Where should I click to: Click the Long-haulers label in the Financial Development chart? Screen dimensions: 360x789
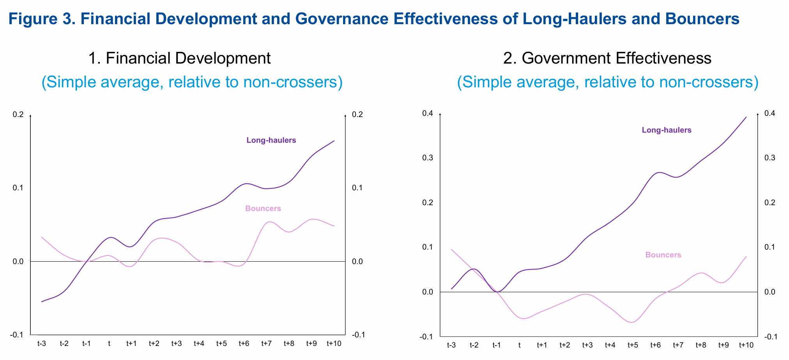pyautogui.click(x=271, y=140)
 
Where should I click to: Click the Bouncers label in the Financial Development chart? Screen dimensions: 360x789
pyautogui.click(x=263, y=209)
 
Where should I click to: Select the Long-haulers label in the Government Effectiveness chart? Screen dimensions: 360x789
pyautogui.click(x=667, y=130)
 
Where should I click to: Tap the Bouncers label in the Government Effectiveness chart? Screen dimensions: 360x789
pyautogui.click(x=663, y=255)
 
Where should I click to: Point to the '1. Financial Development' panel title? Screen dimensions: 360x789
pyautogui.click(x=179, y=58)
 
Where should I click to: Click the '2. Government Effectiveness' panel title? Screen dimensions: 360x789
pyautogui.click(x=607, y=58)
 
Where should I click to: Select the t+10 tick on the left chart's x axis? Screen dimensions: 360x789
pyautogui.click(x=334, y=344)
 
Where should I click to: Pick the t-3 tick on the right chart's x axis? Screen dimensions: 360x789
pyautogui.click(x=451, y=345)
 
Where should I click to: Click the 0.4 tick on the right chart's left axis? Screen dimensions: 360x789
pyautogui.click(x=428, y=113)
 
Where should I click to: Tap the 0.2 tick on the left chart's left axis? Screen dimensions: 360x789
pyautogui.click(x=18, y=115)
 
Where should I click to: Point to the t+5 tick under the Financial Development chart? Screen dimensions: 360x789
pyautogui.click(x=222, y=344)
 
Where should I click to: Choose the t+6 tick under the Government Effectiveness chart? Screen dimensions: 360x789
pyautogui.click(x=656, y=345)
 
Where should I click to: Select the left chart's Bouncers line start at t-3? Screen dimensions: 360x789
pyautogui.click(x=42, y=237)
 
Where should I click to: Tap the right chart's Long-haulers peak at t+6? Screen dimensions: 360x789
pyautogui.click(x=658, y=172)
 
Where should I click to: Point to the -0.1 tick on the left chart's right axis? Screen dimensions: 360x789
pyautogui.click(x=358, y=335)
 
